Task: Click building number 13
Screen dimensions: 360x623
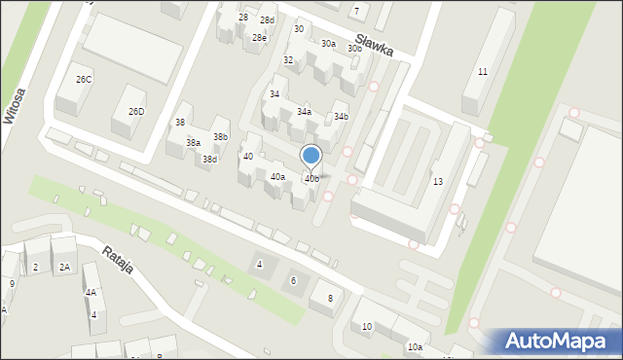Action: tap(438, 182)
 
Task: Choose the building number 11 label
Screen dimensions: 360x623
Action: tap(482, 72)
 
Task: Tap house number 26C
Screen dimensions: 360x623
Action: tap(84, 80)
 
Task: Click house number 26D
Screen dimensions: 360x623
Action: tap(136, 112)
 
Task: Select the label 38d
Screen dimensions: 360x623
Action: tap(209, 159)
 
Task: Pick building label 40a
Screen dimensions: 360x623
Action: tap(277, 176)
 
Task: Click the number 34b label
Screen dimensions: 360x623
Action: tap(341, 117)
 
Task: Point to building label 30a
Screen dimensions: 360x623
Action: tap(329, 44)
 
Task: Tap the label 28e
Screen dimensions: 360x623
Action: tap(259, 37)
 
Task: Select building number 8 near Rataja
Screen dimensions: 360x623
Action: tap(330, 298)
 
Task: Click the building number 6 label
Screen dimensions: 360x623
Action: tap(293, 281)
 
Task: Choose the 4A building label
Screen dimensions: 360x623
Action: tap(91, 292)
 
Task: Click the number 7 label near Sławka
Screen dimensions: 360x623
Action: tap(356, 11)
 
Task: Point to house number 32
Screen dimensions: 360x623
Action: tap(288, 60)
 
